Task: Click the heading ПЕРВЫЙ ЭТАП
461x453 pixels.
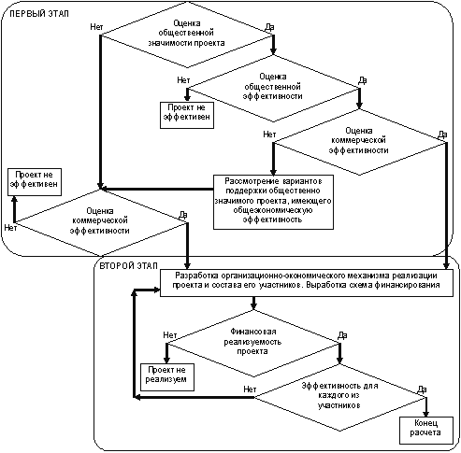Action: click(x=39, y=14)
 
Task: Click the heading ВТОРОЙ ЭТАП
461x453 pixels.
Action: click(x=129, y=266)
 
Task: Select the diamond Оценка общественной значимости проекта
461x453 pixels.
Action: click(x=186, y=35)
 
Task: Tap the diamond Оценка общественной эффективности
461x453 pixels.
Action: click(x=273, y=89)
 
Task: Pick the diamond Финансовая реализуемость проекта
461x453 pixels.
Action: click(x=253, y=344)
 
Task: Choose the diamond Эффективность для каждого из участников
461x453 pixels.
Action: click(x=340, y=397)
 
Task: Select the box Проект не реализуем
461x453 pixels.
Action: click(x=167, y=377)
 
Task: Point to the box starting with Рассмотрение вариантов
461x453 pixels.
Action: click(x=273, y=202)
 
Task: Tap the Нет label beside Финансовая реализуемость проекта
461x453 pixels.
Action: click(x=170, y=335)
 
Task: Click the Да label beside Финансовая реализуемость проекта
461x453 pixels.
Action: click(x=342, y=335)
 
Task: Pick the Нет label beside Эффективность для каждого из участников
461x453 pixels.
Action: click(x=250, y=389)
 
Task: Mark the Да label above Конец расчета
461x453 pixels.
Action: click(x=422, y=389)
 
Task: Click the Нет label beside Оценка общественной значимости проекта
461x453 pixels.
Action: click(x=96, y=27)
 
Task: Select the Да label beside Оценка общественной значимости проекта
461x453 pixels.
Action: click(x=269, y=27)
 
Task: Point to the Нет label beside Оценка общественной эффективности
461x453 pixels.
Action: click(x=183, y=80)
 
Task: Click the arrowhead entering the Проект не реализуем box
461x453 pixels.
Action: click(x=166, y=360)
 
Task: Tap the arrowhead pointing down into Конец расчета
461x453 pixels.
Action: click(x=425, y=414)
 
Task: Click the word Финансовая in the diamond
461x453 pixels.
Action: click(x=253, y=332)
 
